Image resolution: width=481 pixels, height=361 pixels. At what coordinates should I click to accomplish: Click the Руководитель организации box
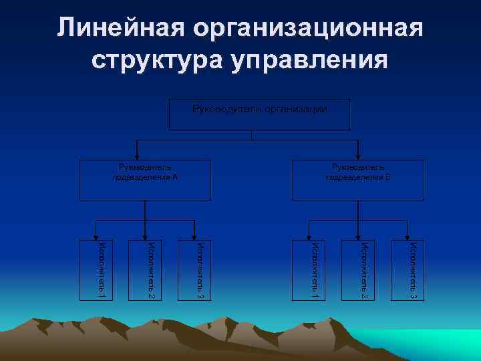pyautogui.click(x=260, y=114)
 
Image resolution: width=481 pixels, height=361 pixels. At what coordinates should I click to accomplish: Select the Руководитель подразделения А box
pyautogui.click(x=145, y=180)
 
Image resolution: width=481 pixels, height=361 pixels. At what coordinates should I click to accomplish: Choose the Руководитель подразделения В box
pyautogui.click(x=357, y=180)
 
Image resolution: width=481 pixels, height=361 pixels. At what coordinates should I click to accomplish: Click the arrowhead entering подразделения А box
pyautogui.click(x=137, y=156)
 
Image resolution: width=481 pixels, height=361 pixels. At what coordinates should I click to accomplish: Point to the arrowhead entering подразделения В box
pyautogui.click(x=359, y=156)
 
